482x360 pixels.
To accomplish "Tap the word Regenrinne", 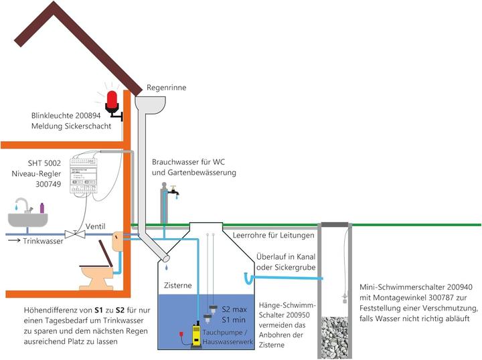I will (166, 88).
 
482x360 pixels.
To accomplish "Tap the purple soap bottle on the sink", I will (42, 208).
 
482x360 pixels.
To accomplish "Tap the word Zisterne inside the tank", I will (179, 285).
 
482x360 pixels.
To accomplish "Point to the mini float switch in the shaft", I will (343, 295).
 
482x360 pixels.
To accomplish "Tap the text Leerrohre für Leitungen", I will (272, 236).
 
